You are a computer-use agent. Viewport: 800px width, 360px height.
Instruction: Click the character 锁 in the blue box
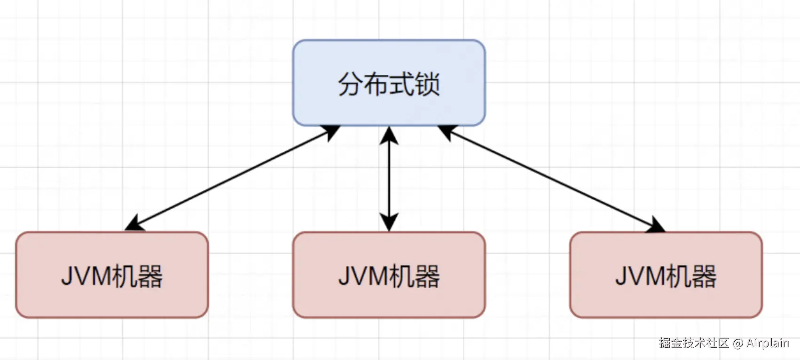tap(427, 85)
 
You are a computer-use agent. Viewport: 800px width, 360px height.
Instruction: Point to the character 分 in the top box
tap(351, 85)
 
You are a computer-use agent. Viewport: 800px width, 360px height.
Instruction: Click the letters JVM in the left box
tap(87, 276)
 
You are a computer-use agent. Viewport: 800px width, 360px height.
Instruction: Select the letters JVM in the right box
tap(641, 276)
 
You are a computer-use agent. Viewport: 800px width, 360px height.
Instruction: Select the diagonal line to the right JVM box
tap(550, 178)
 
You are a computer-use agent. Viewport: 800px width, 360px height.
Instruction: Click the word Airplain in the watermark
tap(767, 344)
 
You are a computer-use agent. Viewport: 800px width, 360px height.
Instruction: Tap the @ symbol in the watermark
tap(737, 344)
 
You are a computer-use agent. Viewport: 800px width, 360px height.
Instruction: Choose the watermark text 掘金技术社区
tap(694, 343)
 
